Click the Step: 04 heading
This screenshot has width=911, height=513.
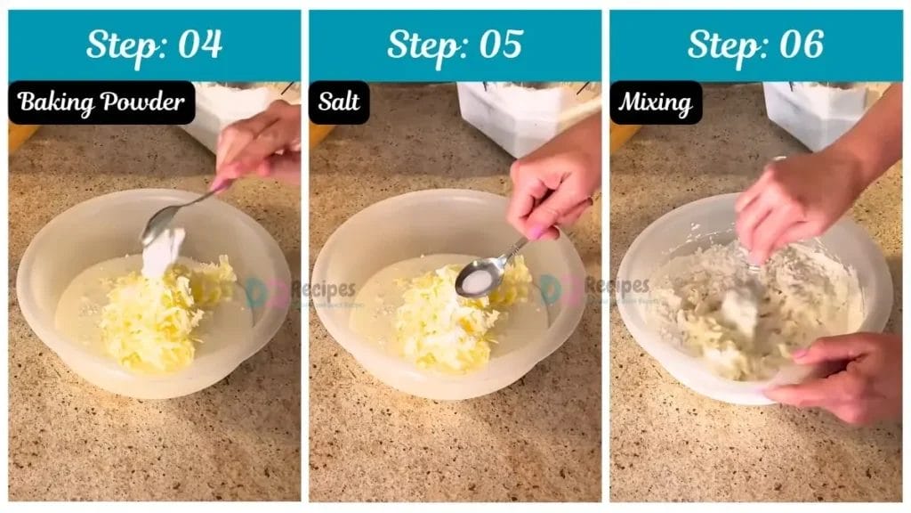[154, 45]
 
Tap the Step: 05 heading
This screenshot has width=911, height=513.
[455, 45]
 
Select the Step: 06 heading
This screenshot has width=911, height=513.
[755, 45]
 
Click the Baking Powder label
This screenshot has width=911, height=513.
[101, 102]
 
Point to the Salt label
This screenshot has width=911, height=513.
[339, 102]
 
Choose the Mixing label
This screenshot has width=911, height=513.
[656, 102]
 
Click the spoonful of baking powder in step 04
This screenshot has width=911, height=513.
[163, 250]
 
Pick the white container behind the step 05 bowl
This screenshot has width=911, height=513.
[525, 116]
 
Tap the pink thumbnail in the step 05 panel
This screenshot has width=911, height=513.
[536, 232]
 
